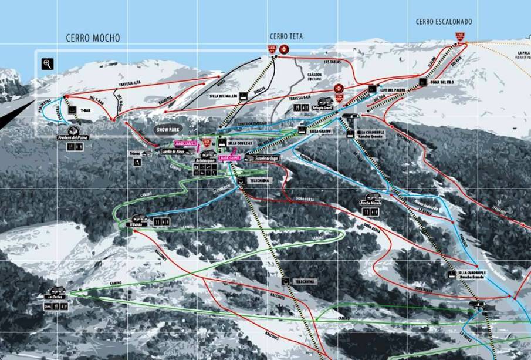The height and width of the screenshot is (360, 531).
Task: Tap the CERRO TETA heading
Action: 286,36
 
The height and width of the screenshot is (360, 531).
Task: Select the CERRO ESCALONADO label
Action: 444,22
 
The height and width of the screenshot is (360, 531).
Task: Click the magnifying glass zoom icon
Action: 48,64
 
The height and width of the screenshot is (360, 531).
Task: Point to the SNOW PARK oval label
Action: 169,129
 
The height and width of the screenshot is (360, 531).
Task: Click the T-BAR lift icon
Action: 72,110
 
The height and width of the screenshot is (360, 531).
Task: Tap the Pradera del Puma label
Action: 72,138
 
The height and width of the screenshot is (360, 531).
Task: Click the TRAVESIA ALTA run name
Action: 131,84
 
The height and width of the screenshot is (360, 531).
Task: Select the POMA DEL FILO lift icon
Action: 422,82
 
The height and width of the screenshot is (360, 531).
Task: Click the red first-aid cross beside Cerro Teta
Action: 285,49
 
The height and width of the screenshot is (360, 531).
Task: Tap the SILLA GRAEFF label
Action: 322,131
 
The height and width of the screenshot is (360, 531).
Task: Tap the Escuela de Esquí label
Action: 266,158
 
